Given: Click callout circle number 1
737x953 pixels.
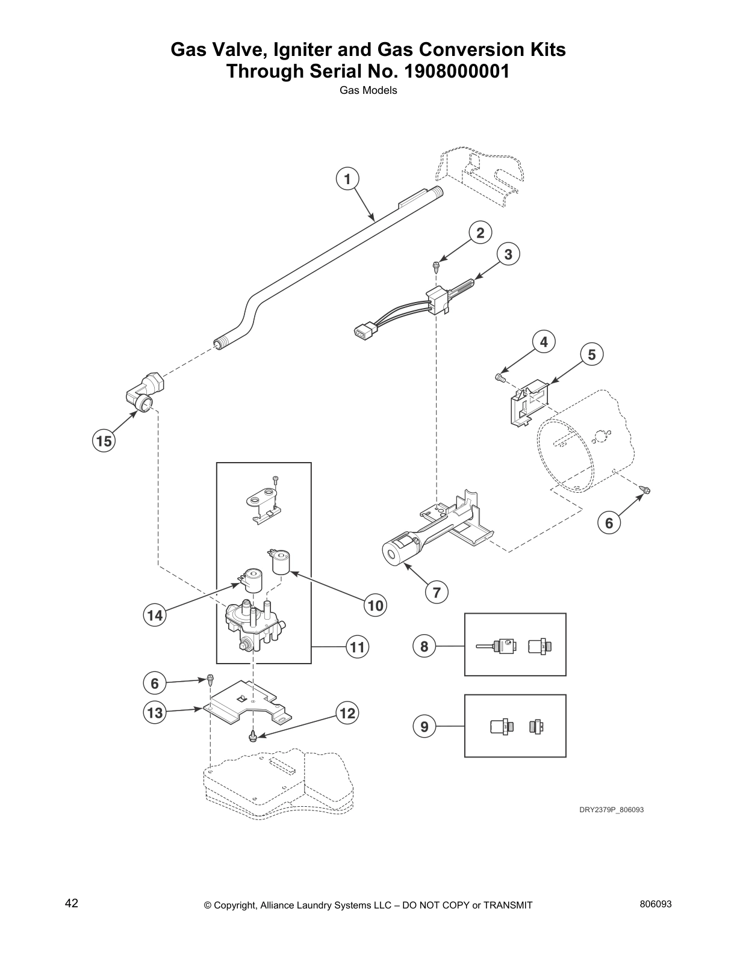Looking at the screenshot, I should pos(347,179).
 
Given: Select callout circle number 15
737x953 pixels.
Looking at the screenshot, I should pos(104,441).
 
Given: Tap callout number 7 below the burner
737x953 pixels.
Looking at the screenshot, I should pos(437,593).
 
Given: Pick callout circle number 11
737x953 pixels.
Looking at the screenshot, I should pos(357,647).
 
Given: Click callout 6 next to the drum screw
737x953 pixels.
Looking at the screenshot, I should pos(609,523).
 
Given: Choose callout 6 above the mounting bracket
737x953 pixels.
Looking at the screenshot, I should pos(155,683).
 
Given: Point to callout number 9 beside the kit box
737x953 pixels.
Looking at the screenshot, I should pos(424,727).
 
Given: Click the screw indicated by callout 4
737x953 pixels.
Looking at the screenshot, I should pos(499,377).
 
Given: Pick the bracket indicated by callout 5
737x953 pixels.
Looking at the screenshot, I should pos(529,402).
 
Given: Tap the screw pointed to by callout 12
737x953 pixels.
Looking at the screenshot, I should pos(254,736).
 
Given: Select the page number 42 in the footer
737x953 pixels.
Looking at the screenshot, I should pos(71,903).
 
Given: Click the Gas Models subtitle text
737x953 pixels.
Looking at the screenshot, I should pos(368,91).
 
